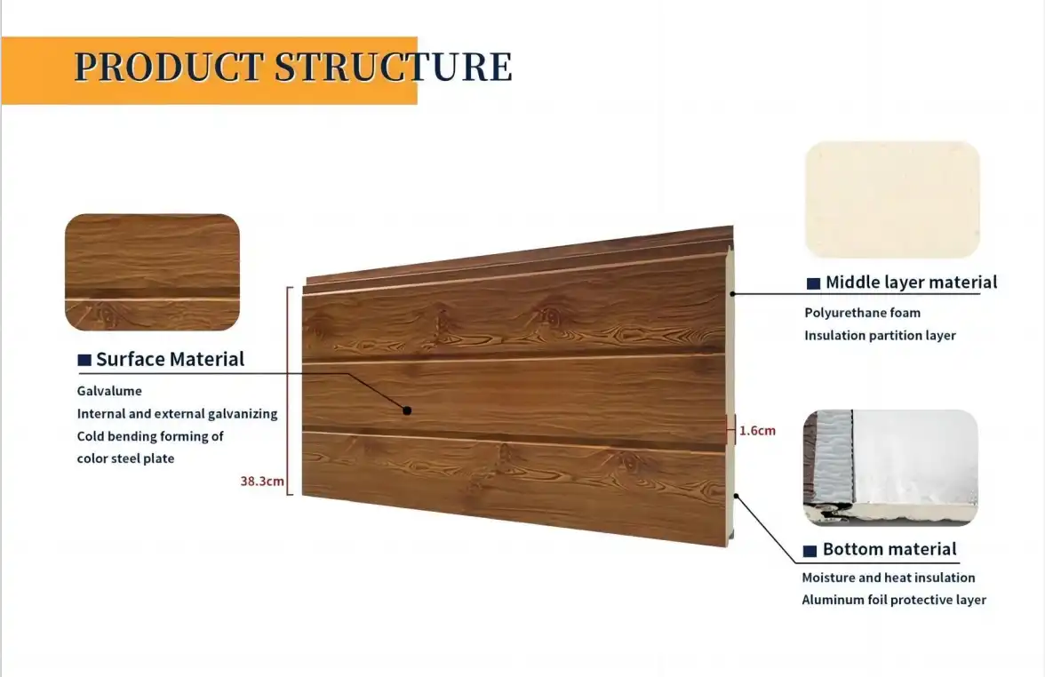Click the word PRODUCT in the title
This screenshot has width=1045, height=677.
click(x=169, y=68)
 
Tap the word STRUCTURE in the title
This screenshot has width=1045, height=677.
click(x=393, y=68)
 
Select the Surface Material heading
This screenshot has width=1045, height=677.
click(x=170, y=359)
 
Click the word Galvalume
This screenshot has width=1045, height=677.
click(x=109, y=391)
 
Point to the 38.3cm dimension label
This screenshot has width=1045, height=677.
click(x=262, y=482)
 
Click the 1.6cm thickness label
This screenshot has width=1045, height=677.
click(x=757, y=431)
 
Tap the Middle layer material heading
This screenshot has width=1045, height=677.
click(x=911, y=283)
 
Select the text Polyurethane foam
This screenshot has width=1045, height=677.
click(x=862, y=313)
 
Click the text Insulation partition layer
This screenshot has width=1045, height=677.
click(x=880, y=335)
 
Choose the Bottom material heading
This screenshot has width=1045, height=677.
click(x=889, y=549)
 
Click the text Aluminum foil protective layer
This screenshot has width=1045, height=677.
click(x=894, y=600)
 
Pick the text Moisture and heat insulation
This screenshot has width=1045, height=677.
click(x=888, y=577)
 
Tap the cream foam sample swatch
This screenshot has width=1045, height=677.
click(x=892, y=200)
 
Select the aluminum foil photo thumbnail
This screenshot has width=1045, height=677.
click(x=890, y=467)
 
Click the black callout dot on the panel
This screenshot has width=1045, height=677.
click(x=407, y=410)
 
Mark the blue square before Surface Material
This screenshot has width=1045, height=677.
click(x=84, y=360)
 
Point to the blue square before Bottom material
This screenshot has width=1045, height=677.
click(x=810, y=551)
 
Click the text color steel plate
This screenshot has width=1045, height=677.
click(x=125, y=458)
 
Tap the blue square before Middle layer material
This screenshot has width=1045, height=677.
click(x=813, y=283)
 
